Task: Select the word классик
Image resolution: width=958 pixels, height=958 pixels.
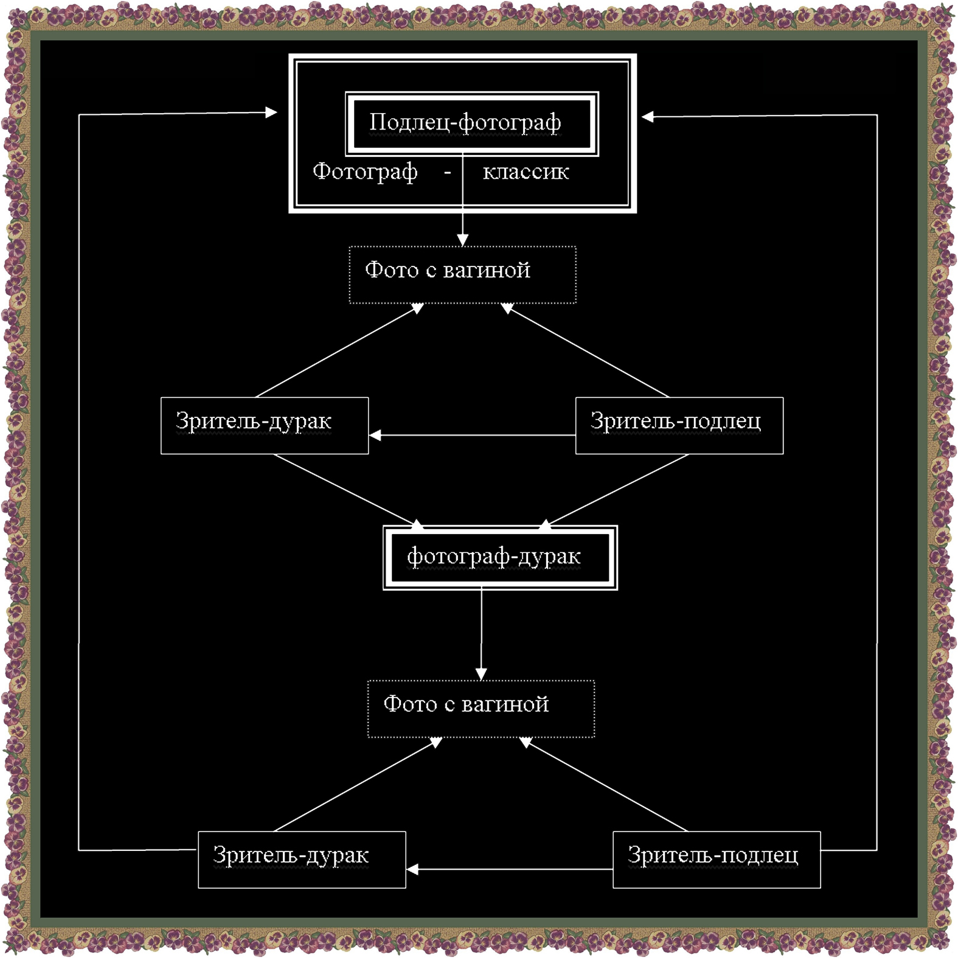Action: [526, 172]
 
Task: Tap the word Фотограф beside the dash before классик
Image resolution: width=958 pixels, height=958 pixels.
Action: [365, 172]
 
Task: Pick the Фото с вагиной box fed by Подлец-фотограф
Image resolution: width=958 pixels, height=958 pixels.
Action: [462, 274]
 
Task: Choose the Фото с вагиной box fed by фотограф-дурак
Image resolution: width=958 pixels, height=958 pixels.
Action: [481, 709]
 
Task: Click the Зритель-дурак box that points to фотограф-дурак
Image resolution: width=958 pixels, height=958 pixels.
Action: [265, 425]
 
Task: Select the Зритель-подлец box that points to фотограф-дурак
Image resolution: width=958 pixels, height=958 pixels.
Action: [679, 425]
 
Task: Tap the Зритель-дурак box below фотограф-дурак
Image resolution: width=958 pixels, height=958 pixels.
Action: [302, 859]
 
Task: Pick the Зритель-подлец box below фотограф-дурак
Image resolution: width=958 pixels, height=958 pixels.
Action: [717, 859]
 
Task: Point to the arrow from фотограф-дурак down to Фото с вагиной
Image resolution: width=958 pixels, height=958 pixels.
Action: [481, 633]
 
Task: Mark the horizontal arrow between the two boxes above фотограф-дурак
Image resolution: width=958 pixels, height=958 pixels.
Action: [472, 436]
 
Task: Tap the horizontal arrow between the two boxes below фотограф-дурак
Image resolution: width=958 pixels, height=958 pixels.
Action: [510, 869]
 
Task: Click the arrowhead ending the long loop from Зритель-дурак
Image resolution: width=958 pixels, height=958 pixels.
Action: [271, 112]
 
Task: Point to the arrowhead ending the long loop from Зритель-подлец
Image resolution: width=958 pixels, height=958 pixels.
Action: [648, 117]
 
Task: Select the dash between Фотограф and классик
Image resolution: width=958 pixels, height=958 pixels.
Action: [448, 173]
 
